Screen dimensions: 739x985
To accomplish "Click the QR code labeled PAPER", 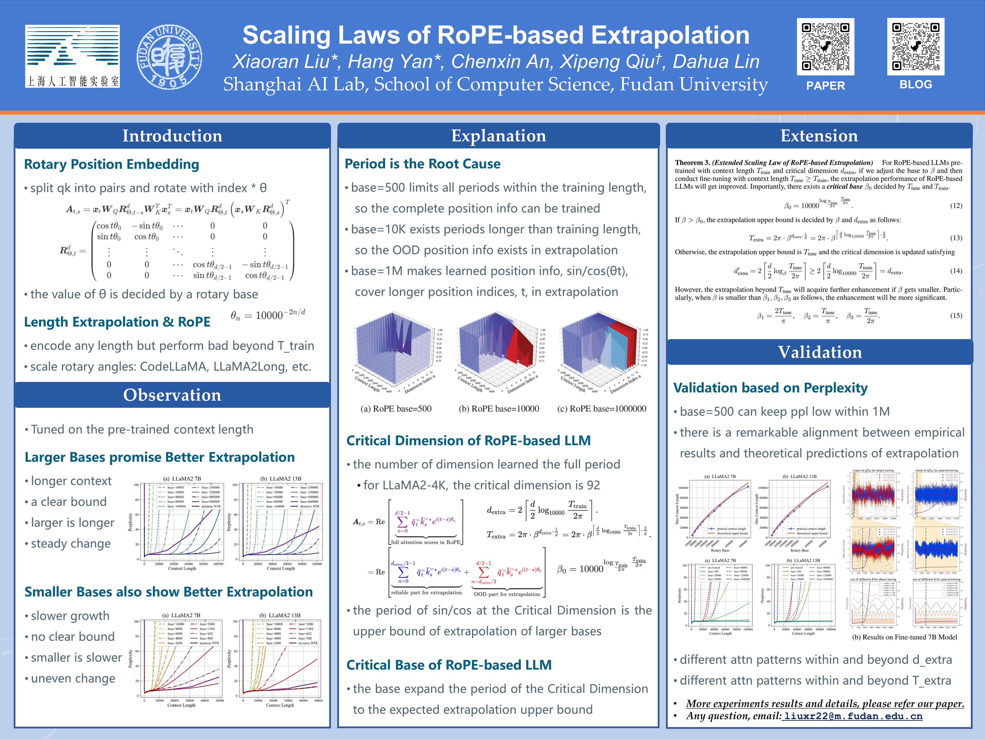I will (825, 46).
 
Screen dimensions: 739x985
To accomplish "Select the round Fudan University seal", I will (169, 56).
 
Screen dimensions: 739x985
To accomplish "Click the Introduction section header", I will (172, 136).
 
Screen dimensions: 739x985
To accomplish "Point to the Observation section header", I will (172, 395).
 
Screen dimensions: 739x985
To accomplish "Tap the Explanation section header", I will (498, 136).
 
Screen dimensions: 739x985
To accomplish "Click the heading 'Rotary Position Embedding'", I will (111, 164).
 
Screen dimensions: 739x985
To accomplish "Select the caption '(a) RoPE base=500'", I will (396, 409).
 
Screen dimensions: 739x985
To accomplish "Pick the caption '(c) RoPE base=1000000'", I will (602, 409).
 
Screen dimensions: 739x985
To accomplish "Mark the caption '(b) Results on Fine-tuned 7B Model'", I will (904, 637).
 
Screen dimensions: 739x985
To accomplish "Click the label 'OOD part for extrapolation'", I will (507, 594).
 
